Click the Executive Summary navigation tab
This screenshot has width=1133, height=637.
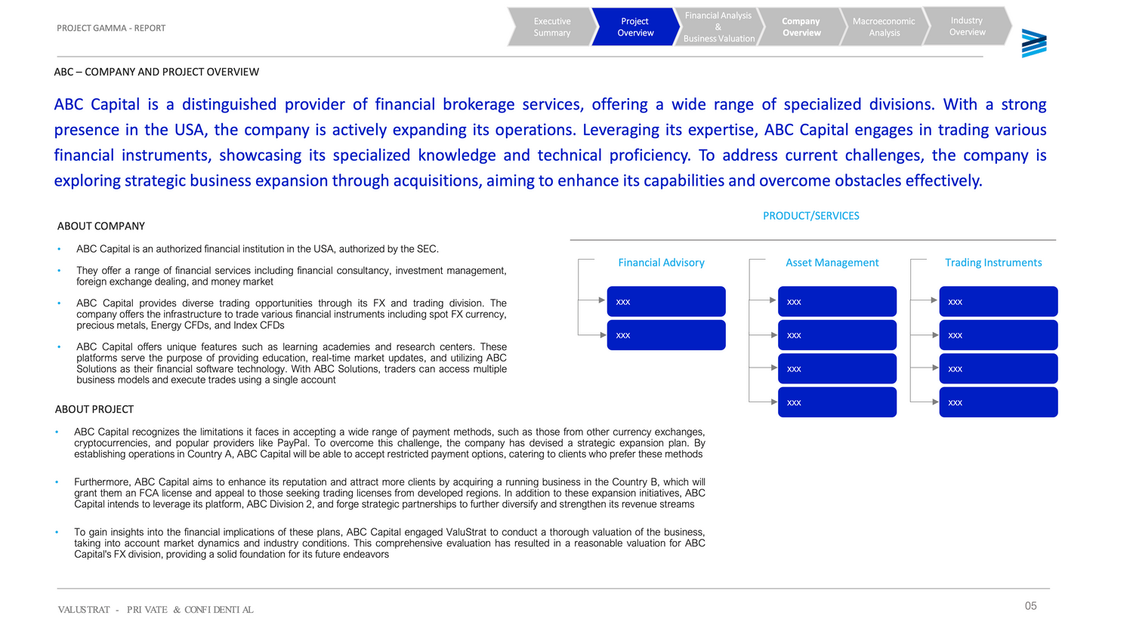551,27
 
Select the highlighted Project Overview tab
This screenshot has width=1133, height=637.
634,27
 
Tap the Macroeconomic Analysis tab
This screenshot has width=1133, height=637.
884,27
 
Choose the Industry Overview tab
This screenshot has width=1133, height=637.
967,26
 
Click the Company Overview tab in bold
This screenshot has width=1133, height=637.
801,27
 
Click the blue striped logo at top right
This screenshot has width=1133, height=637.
1034,43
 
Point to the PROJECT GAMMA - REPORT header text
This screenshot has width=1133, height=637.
111,28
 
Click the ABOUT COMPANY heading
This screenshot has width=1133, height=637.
101,226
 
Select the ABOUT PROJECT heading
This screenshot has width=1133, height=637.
94,409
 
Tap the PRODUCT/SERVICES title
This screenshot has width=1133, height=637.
811,216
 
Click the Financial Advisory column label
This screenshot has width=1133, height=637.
661,263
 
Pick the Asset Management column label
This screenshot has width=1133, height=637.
832,263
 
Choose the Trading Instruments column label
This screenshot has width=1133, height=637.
993,263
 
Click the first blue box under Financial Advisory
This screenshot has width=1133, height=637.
665,301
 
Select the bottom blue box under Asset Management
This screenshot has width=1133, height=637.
837,402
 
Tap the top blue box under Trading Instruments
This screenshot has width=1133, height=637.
998,301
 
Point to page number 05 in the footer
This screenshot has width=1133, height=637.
1030,606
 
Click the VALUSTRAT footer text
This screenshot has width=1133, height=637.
84,610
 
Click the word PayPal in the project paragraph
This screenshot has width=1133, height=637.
292,443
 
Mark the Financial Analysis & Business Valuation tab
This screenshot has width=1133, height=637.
718,27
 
